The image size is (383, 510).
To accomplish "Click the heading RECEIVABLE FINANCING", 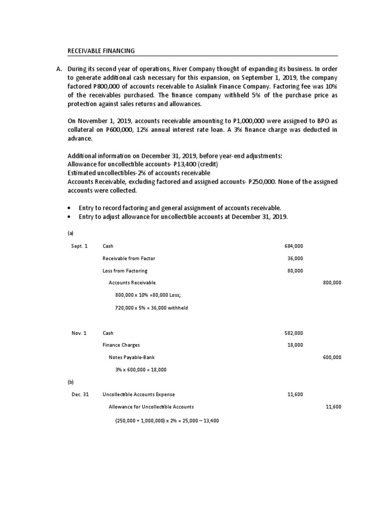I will (x=101, y=51).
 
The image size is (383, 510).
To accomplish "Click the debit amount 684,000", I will (x=294, y=246).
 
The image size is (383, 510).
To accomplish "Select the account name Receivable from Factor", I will (x=128, y=258).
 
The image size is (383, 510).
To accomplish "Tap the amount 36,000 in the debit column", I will (x=295, y=258).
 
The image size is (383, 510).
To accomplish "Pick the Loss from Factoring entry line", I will (x=123, y=271).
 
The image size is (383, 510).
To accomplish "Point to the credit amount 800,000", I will (x=332, y=283).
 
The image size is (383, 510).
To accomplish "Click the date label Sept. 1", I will (x=80, y=246).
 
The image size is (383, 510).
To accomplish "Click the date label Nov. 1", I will (x=79, y=333).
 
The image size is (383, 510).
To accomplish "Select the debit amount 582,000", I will (x=294, y=333).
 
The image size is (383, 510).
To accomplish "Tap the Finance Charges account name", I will (x=121, y=345).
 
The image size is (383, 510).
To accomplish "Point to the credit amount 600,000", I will (x=332, y=357).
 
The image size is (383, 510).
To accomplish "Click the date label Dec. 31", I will (x=80, y=394).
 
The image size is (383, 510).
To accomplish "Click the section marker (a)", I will (x=70, y=233).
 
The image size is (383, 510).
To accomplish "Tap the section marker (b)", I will (x=70, y=382).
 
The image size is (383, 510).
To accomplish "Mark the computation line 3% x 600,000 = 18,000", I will (x=141, y=370).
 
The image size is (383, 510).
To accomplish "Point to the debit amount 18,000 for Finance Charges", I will (x=295, y=345).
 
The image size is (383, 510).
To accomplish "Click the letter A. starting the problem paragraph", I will (x=59, y=68).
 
